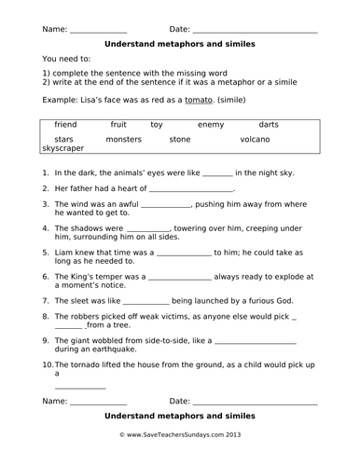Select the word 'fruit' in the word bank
click(x=118, y=124)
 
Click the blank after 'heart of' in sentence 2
click(x=197, y=190)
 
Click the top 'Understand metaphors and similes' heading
click(x=180, y=43)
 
